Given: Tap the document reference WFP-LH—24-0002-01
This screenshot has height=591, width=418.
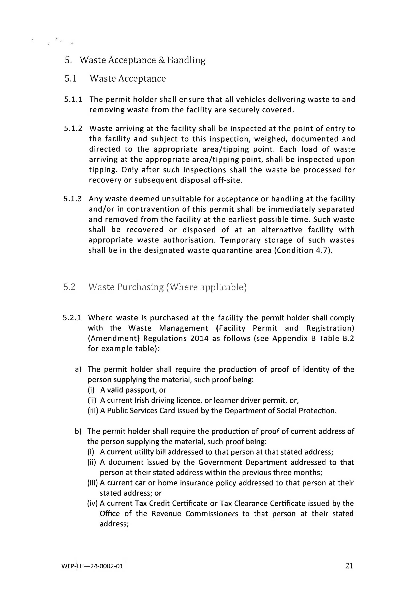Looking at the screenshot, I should [x=92, y=566].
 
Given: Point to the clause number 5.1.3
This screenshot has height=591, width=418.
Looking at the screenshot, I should [x=73, y=199].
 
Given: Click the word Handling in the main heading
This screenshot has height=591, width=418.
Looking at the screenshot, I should [x=186, y=60].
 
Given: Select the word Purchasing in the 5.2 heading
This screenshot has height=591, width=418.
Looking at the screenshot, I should [x=141, y=287].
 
